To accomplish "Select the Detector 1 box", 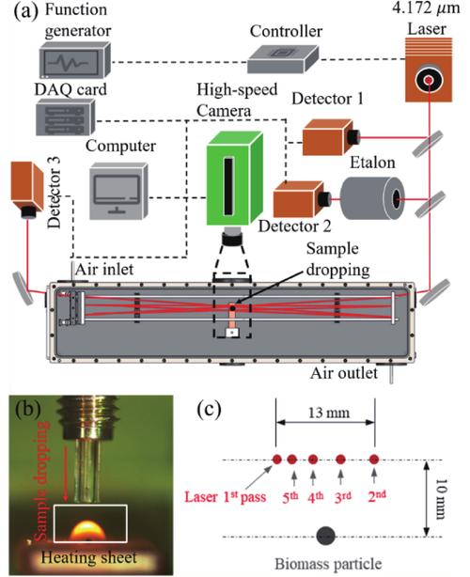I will [x=326, y=140].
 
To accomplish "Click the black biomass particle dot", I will [x=326, y=537].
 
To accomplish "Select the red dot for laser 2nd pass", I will [x=374, y=460].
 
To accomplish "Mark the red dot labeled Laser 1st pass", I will [x=277, y=460].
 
